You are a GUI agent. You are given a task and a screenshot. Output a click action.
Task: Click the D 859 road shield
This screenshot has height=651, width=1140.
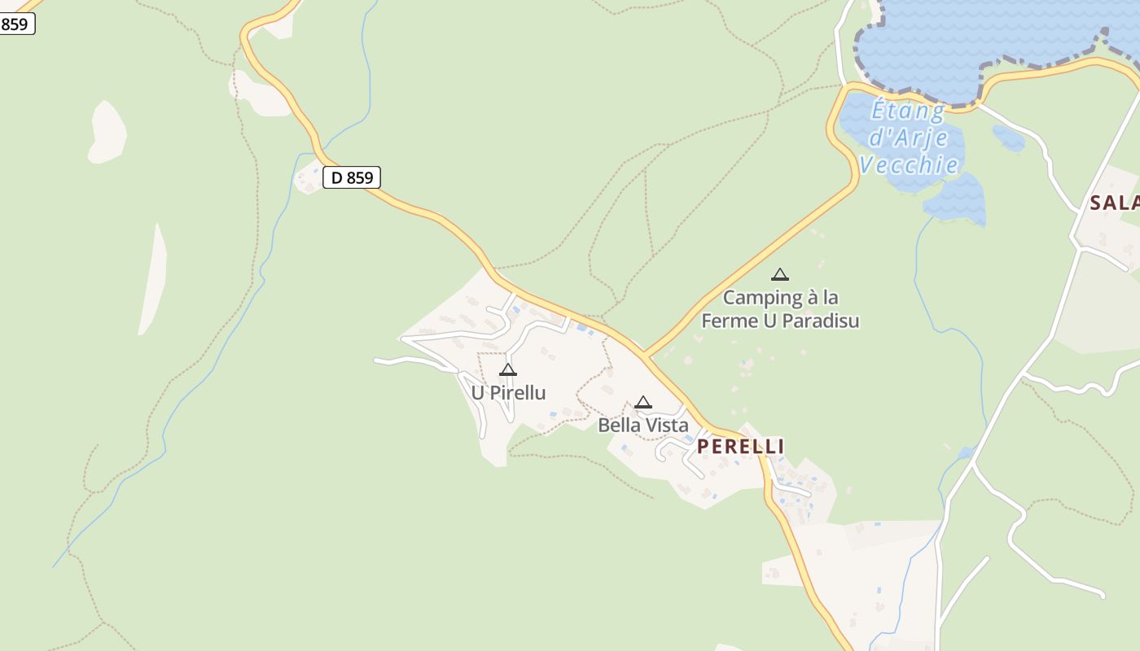(x=352, y=177)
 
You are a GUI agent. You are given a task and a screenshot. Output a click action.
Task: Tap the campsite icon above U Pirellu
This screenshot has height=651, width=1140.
(x=508, y=370)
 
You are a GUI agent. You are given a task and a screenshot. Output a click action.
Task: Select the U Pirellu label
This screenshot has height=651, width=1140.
(x=508, y=393)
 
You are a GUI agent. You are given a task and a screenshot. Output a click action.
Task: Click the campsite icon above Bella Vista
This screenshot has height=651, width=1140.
(x=643, y=402)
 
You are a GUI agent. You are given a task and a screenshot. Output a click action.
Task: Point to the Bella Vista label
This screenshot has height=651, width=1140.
(x=642, y=426)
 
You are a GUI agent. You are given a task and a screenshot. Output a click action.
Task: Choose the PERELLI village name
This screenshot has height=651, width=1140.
(x=740, y=447)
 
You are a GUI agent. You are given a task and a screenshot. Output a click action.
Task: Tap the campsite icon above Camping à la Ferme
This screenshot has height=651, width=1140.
(x=780, y=275)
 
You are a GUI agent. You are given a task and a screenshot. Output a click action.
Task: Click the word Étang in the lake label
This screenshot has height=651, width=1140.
(x=908, y=110)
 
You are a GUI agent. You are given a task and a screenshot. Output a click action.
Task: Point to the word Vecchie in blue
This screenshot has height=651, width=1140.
(x=908, y=165)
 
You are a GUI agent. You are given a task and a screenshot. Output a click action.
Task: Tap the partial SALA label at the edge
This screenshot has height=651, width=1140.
(x=1114, y=203)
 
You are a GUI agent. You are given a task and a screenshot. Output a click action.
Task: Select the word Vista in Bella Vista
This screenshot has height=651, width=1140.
(x=665, y=426)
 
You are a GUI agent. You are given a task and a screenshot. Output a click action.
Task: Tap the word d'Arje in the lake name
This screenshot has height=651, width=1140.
(x=901, y=138)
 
